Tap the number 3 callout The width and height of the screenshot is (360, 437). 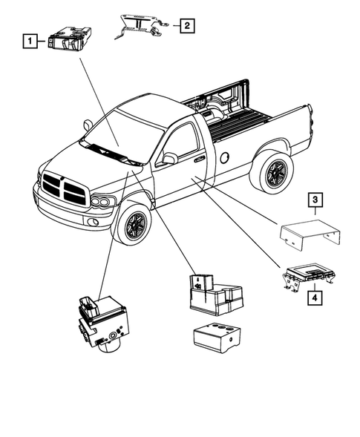(315, 200)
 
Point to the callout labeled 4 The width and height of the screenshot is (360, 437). (315, 299)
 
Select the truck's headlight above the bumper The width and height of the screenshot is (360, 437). (102, 201)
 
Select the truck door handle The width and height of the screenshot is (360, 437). (199, 158)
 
